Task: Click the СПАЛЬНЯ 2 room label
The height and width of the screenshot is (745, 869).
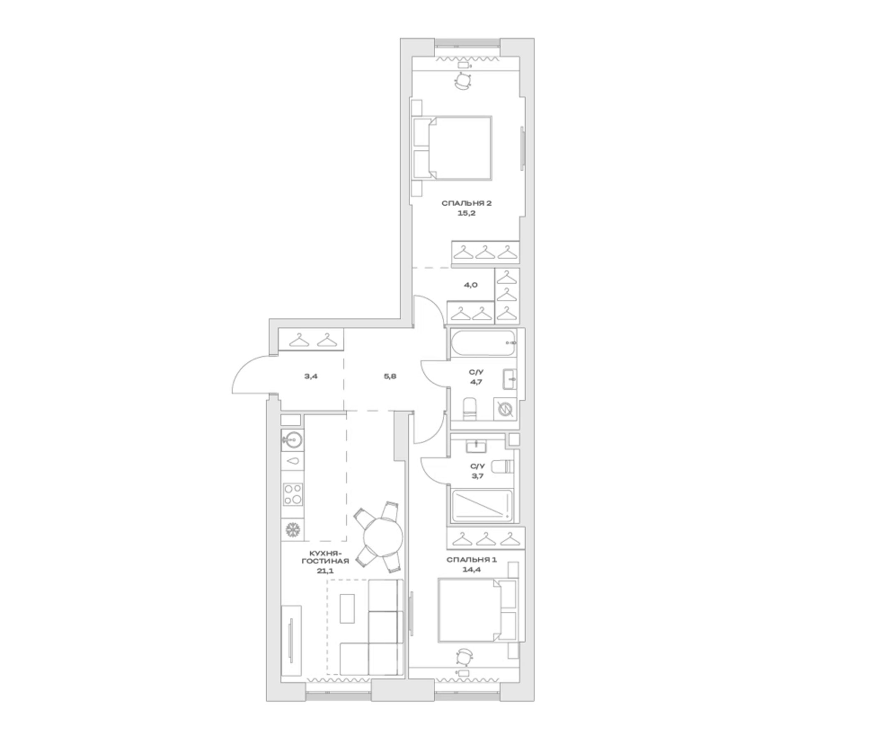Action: [x=466, y=204]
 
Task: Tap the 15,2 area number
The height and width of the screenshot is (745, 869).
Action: [x=466, y=213]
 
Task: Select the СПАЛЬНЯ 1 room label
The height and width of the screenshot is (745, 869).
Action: [x=471, y=560]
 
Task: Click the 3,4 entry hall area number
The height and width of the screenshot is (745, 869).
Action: [x=311, y=376]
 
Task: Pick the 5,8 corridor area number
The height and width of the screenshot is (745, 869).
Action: [x=390, y=376]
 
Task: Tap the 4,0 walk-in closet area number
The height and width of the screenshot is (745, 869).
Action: [x=471, y=285]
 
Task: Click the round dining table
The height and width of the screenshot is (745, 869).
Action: [x=383, y=536]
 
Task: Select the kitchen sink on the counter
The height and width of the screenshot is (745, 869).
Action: [x=293, y=440]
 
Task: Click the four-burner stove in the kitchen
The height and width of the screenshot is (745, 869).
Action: [x=293, y=494]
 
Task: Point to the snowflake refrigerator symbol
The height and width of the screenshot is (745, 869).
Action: [x=293, y=530]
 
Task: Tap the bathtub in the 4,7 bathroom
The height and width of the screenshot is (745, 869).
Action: [x=483, y=343]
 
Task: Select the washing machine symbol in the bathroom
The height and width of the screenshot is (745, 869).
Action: [x=505, y=409]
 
